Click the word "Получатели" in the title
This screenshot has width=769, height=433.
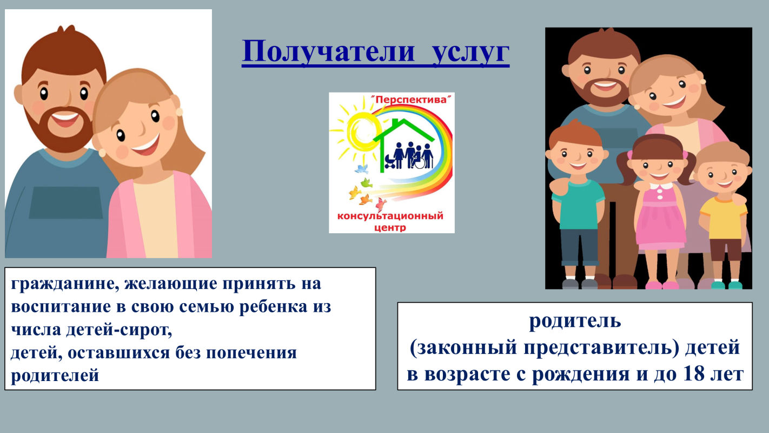[x=329, y=52]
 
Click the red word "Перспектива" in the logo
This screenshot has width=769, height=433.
[x=412, y=100]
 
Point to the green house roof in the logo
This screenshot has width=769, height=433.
[x=404, y=130]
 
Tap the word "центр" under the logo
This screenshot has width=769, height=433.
[x=390, y=227]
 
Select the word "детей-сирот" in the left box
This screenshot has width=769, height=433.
[x=119, y=330]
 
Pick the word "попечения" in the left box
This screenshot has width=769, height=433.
[x=251, y=352]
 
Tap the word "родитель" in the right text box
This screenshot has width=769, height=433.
[x=575, y=322]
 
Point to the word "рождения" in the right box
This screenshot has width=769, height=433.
[x=580, y=375]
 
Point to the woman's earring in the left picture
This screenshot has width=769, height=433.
[x=179, y=111]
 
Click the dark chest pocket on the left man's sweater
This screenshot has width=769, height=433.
[x=66, y=203]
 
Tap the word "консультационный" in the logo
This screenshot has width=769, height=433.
[x=390, y=216]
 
